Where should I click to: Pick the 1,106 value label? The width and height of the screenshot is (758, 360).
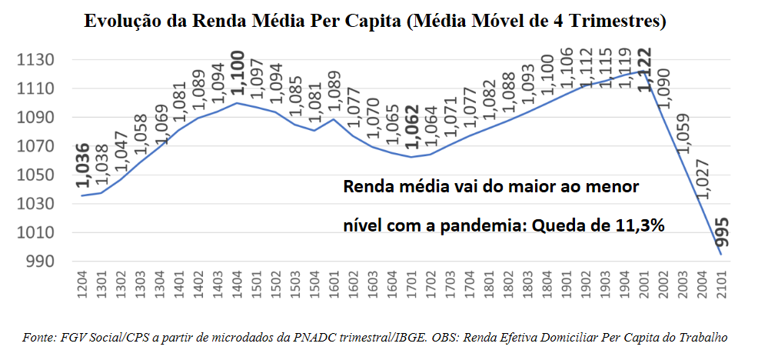(x=567, y=72)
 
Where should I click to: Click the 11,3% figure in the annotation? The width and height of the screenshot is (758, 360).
(x=638, y=225)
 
